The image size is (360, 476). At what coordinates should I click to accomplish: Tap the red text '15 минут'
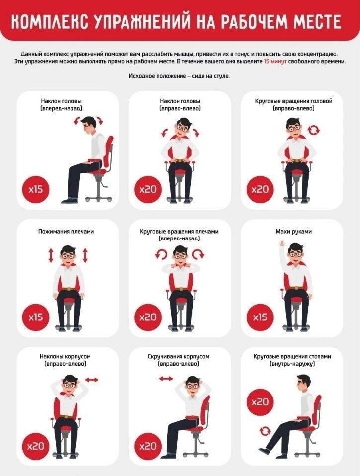[275, 61]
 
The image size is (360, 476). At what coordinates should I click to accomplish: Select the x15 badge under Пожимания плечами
[36, 317]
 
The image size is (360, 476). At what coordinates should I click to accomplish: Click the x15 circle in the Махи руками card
[260, 317]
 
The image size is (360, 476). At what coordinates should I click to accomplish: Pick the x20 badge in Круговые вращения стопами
[260, 402]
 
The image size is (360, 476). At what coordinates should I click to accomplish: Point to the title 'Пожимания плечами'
[66, 232]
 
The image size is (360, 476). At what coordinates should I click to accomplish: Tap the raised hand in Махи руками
[282, 244]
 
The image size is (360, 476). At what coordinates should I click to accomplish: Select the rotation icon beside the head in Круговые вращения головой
[314, 130]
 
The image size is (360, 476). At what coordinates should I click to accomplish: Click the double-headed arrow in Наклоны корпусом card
[92, 380]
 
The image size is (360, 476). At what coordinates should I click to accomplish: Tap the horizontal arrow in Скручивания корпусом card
[166, 379]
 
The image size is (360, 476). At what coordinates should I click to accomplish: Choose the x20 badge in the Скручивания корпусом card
[148, 446]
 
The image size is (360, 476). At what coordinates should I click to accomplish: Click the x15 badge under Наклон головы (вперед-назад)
[36, 189]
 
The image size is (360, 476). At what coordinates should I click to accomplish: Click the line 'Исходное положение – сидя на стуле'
[179, 76]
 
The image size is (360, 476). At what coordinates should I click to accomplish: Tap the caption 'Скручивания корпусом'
[179, 356]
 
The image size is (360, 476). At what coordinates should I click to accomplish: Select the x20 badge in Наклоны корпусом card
[36, 446]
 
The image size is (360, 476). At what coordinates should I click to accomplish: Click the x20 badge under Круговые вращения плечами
[148, 317]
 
